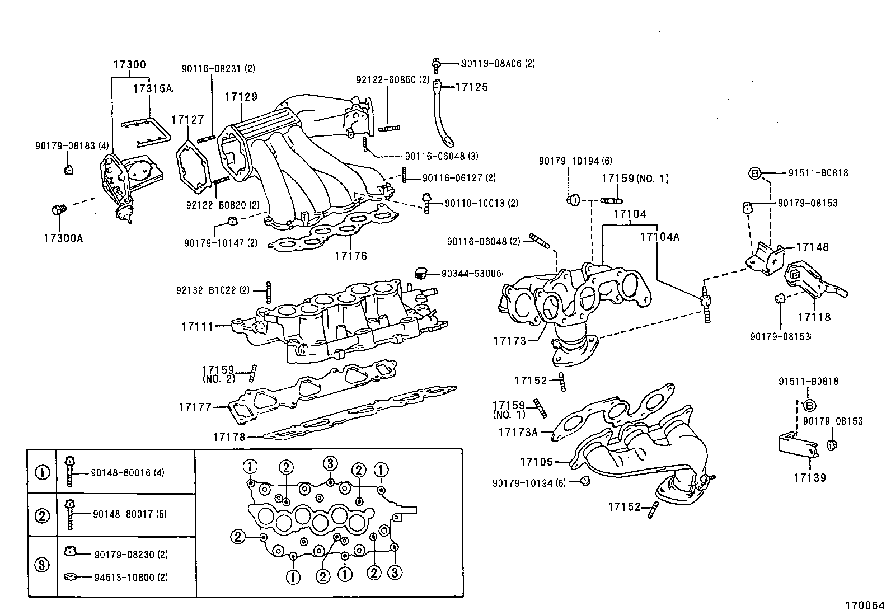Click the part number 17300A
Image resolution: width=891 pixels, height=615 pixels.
tap(63, 238)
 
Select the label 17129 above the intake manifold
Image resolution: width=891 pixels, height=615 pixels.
tap(241, 96)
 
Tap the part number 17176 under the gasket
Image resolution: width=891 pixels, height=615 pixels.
tap(351, 256)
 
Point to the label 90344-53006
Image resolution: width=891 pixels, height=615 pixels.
tap(471, 273)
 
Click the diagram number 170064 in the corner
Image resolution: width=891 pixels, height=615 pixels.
tap(864, 605)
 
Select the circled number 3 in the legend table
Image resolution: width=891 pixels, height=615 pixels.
tap(42, 565)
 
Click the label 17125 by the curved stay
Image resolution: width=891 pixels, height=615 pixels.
tap(471, 87)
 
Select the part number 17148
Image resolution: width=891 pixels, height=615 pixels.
tap(812, 247)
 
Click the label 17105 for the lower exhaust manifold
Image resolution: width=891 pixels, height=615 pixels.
tap(536, 462)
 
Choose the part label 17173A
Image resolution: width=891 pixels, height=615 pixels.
tap(518, 432)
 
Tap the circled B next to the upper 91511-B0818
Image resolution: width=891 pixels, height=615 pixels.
tap(754, 173)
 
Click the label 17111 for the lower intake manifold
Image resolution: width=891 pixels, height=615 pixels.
tap(197, 326)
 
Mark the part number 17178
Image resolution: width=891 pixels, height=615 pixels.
tap(229, 436)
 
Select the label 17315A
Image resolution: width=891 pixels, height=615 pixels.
tap(152, 88)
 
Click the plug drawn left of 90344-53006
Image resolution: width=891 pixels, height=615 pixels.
tap(421, 273)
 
